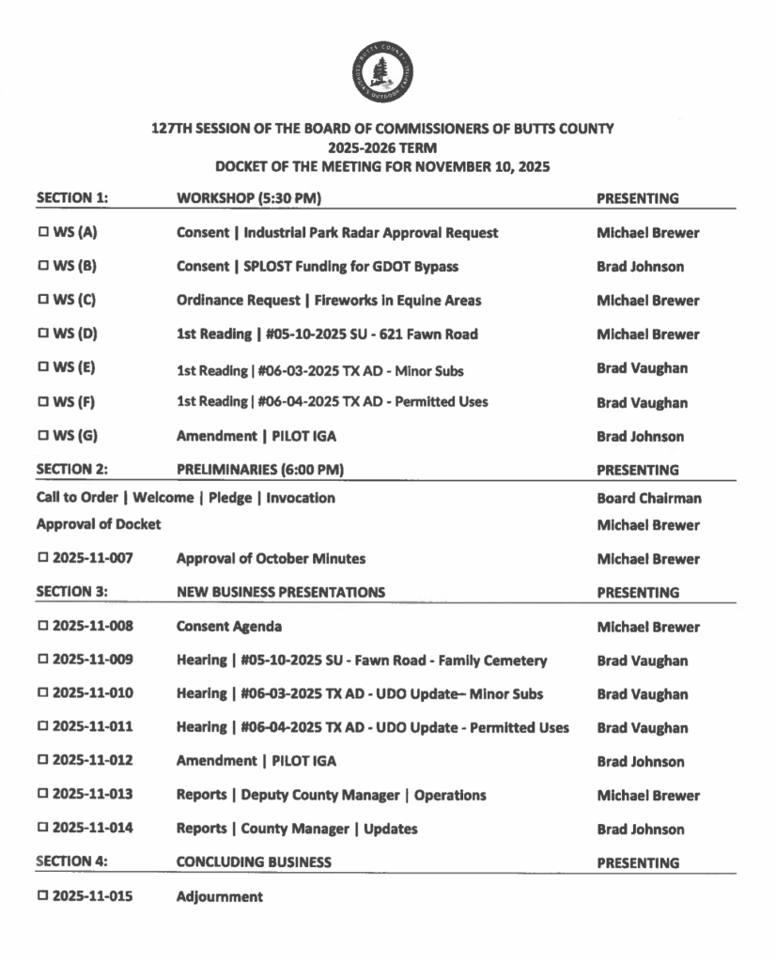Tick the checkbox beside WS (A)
coord(42,233)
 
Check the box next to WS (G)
coord(42,437)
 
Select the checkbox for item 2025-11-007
coord(42,559)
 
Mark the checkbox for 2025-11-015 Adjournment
coord(42,896)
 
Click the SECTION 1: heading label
coord(72,199)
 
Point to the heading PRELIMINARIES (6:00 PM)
coord(259,471)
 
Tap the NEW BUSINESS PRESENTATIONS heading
coord(280,593)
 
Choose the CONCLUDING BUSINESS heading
coord(254,862)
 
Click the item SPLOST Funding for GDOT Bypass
coord(317,267)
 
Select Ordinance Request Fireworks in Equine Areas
coord(328,301)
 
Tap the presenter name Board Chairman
coord(648,499)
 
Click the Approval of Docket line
coord(98,525)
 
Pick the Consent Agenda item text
coord(228,627)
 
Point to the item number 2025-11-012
coord(92,761)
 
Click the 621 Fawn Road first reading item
coord(326,334)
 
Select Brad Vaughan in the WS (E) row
coord(642,368)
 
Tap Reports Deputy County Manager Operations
coord(331,795)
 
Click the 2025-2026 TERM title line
coord(382,147)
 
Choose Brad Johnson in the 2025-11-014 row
coord(640,830)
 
